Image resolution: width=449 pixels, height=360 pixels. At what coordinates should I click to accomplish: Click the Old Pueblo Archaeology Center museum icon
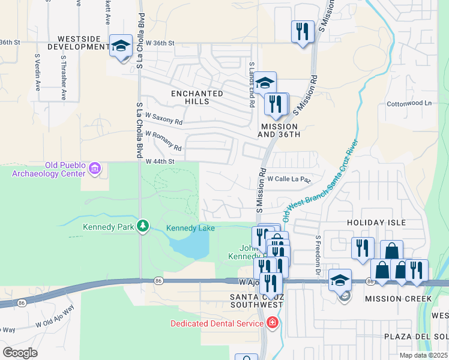click(94, 169)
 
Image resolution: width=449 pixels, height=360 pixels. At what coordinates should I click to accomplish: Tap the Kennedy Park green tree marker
click(143, 226)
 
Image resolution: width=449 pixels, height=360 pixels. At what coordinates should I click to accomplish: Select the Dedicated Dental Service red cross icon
click(272, 323)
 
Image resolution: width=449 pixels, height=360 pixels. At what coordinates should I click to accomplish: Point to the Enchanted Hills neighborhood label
click(197, 97)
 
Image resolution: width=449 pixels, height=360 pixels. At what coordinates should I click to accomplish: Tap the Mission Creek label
click(399, 299)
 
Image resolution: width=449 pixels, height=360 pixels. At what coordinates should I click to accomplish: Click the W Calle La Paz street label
click(289, 179)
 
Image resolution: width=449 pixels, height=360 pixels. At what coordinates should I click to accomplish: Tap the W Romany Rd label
click(163, 141)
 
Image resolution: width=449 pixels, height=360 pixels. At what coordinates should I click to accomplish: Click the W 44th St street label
click(160, 161)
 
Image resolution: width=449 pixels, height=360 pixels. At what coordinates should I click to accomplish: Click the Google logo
click(20, 353)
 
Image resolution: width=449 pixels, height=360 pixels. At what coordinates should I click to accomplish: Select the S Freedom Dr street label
click(318, 254)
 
